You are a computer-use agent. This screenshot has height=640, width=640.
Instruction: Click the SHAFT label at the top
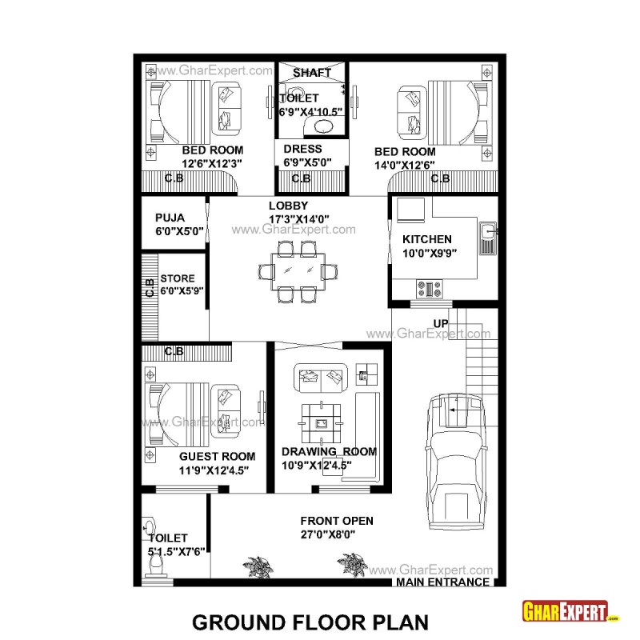pos(312,73)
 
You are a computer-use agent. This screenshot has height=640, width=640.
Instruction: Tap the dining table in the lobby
pos(298,272)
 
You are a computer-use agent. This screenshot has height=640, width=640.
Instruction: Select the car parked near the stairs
pos(456,462)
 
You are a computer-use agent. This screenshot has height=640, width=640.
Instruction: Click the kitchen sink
pos(488,238)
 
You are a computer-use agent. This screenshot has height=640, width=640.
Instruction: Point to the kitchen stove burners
pos(429,288)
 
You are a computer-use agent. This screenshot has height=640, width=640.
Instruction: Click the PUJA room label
pos(170,218)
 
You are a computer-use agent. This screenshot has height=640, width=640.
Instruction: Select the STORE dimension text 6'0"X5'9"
pos(182,291)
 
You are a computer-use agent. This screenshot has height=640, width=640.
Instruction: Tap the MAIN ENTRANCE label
pos(443,582)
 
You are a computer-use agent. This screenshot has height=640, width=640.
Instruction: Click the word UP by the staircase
pos(441,324)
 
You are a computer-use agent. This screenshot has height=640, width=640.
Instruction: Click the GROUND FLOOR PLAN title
pos(310,622)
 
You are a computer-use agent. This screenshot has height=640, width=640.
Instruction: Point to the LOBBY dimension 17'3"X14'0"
pos(298,219)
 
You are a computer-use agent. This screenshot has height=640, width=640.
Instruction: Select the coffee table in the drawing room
pos(322,424)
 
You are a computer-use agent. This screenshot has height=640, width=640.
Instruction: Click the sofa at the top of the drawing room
pos(321,378)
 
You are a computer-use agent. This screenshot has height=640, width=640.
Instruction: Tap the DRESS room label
pos(303,149)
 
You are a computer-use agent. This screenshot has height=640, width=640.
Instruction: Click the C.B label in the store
pos(150,288)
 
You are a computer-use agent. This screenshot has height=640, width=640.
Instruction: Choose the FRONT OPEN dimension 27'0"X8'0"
pos(328,534)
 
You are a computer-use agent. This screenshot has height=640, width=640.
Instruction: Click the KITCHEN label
pos(427,239)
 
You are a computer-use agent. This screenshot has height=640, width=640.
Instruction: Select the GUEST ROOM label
pos(217,456)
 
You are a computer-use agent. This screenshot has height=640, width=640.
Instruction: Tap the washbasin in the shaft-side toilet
pos(324,126)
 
